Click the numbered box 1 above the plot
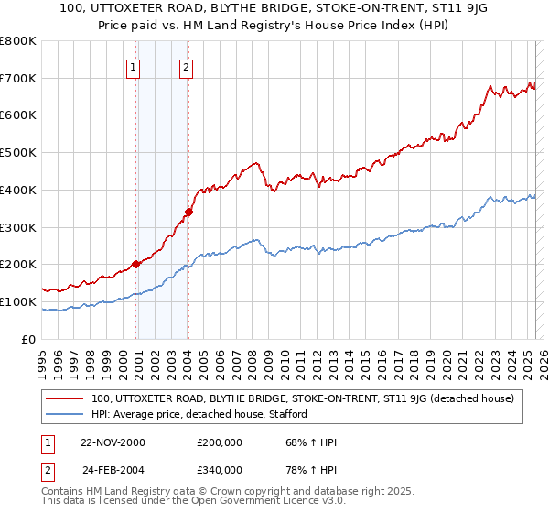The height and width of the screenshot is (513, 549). pos(134,66)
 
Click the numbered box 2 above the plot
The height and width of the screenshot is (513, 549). pos(186,66)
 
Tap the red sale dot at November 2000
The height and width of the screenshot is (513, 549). pos(136,264)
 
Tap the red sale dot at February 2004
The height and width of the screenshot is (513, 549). pos(188,212)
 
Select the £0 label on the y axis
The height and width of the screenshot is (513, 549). pos(27,339)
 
